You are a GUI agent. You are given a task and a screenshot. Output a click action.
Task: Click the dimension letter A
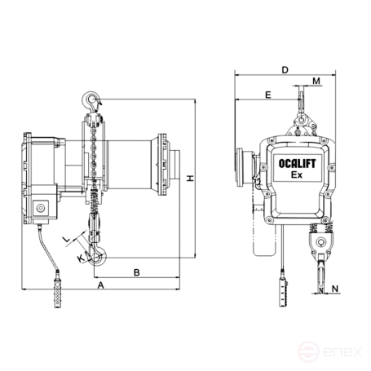click(101, 285)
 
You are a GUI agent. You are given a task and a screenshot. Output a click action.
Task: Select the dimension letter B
click(137, 272)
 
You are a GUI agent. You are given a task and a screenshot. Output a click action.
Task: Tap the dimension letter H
click(191, 179)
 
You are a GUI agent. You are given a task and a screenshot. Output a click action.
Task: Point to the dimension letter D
click(285, 70)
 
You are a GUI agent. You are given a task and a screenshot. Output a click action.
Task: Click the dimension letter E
click(268, 95)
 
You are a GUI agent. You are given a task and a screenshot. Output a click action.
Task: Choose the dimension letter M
click(316, 81)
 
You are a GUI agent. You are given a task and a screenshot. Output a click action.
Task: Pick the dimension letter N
click(335, 289)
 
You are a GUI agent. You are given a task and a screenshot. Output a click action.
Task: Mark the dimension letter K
click(81, 258)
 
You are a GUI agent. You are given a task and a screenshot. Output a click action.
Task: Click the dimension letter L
click(67, 240)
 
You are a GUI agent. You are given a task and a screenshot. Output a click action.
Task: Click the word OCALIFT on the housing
click(297, 164)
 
